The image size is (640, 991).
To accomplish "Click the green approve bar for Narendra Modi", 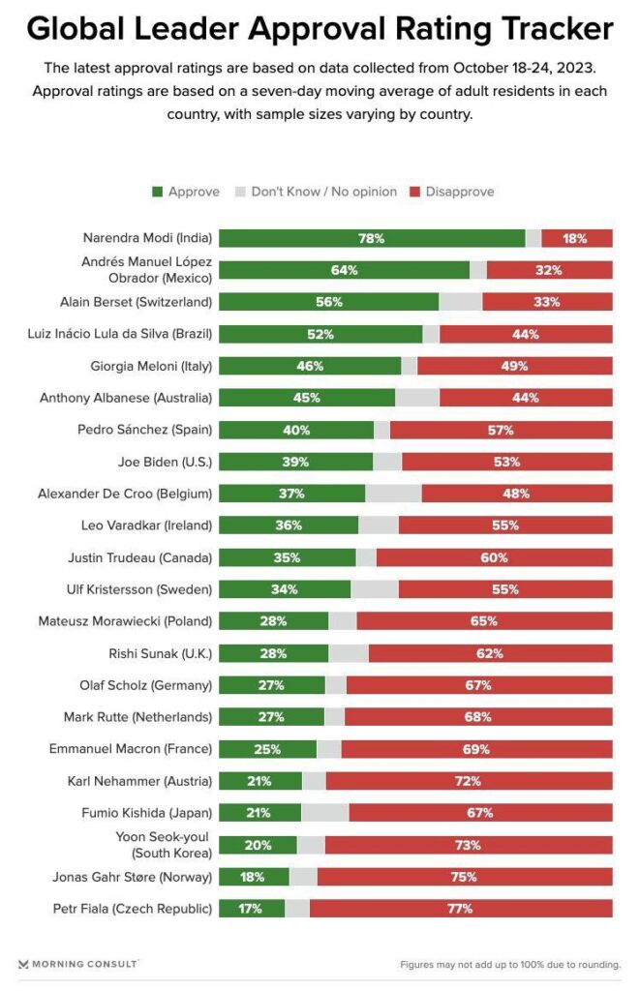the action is point(372,238).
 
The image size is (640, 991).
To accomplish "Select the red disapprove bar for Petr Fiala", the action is point(461,908).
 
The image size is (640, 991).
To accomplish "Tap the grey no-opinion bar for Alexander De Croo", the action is point(393,494).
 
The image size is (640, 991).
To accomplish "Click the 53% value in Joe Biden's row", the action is point(506,462).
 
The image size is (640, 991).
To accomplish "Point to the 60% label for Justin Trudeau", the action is point(494,557).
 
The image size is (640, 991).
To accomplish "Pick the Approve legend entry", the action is point(186,192).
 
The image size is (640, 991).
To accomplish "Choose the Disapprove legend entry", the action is point(452,192).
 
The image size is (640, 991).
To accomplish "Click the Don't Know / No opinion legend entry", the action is point(317,192).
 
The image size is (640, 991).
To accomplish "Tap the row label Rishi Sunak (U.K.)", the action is point(161,653).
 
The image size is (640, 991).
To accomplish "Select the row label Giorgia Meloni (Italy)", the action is point(151,366).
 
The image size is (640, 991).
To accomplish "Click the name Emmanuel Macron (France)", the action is point(131,749).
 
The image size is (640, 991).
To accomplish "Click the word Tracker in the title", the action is point(558,29).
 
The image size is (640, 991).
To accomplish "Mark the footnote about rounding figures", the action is point(510,965).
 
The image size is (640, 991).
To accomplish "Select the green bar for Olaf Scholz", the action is point(272,685).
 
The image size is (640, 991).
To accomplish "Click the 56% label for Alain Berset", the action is point(329,302).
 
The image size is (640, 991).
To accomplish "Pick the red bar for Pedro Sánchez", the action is point(501,430).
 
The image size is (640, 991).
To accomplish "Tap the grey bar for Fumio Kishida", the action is point(325,813).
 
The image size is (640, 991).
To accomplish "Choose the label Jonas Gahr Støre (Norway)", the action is point(133,877).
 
